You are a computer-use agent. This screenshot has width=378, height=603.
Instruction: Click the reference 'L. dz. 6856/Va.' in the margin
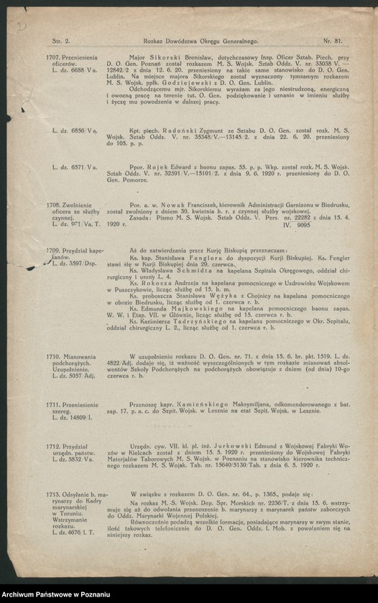74,130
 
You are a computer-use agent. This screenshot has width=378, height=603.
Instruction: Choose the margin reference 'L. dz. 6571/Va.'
74,167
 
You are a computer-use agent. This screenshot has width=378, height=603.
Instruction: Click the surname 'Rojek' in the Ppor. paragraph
161,167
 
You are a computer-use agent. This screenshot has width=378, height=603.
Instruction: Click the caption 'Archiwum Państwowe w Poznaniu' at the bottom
57,594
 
